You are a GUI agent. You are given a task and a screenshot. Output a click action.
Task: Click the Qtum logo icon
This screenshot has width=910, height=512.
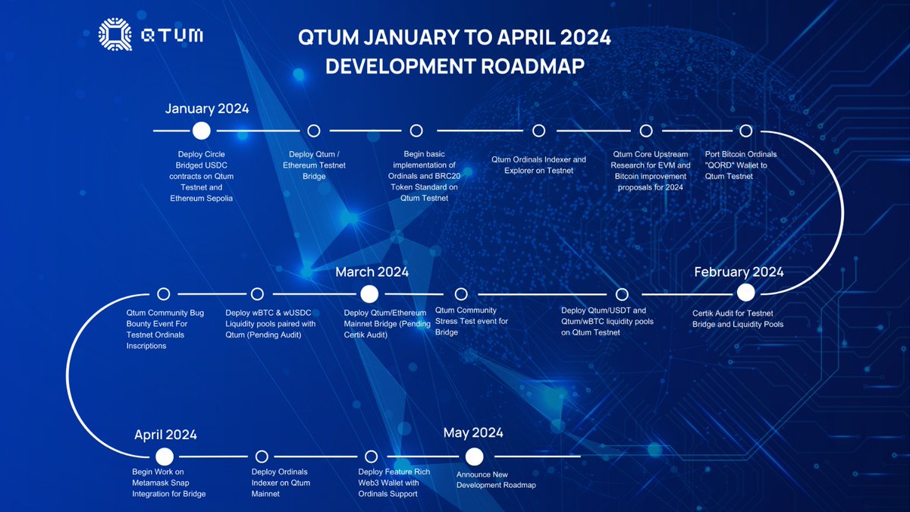click(x=115, y=36)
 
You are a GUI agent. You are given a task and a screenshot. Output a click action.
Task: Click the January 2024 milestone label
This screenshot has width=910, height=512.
click(x=207, y=108)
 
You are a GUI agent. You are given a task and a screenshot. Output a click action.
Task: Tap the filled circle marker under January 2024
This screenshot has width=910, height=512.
click(x=201, y=130)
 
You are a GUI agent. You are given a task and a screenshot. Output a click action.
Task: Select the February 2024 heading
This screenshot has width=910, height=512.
click(x=739, y=272)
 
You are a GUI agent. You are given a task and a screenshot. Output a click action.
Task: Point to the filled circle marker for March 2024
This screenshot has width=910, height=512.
click(x=369, y=294)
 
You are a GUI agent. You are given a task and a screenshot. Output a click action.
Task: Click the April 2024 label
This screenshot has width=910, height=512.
click(x=165, y=435)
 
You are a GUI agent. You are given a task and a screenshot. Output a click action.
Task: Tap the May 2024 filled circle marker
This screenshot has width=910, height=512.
click(x=474, y=457)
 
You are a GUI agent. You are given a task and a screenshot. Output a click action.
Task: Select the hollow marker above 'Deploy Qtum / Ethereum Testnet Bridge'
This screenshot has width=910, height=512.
click(x=313, y=130)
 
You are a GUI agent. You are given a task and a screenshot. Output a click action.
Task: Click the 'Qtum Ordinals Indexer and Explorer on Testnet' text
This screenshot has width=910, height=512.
click(x=538, y=165)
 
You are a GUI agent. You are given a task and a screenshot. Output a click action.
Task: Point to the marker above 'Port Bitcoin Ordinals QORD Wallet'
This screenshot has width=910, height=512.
click(x=745, y=130)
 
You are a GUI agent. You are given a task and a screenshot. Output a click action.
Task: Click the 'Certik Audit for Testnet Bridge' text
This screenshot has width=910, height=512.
click(x=738, y=318)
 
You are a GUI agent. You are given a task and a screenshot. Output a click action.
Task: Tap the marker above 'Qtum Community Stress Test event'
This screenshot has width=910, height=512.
click(x=460, y=294)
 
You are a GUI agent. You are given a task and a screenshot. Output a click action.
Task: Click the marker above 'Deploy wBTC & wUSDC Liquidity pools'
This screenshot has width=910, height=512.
click(x=257, y=294)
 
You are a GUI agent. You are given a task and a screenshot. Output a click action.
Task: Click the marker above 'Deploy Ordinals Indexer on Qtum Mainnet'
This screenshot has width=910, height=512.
click(x=262, y=457)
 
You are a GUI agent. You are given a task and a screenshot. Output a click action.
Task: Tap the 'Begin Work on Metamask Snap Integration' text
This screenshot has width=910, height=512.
click(x=169, y=482)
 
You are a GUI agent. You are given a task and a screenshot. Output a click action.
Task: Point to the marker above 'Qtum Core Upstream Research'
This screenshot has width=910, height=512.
click(x=645, y=130)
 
